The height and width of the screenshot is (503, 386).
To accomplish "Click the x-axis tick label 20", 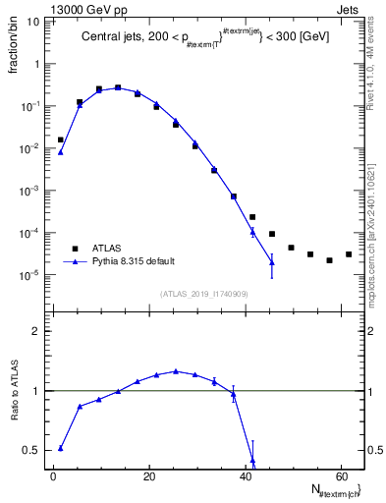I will pos(149,476).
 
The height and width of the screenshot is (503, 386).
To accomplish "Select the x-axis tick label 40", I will pos(246,476).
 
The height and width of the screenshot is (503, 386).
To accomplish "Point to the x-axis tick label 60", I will pos(341,476).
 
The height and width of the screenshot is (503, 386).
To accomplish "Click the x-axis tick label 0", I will pos(54,476).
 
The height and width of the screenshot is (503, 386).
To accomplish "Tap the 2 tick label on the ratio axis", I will pos(42,331).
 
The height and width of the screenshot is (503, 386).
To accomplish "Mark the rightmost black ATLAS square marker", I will pos(348,254).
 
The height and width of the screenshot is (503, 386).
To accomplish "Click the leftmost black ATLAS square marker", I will pos(60,140).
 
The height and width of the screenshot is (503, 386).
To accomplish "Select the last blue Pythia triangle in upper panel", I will pos(272,262).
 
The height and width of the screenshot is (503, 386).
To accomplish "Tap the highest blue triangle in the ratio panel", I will pos(176,371).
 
